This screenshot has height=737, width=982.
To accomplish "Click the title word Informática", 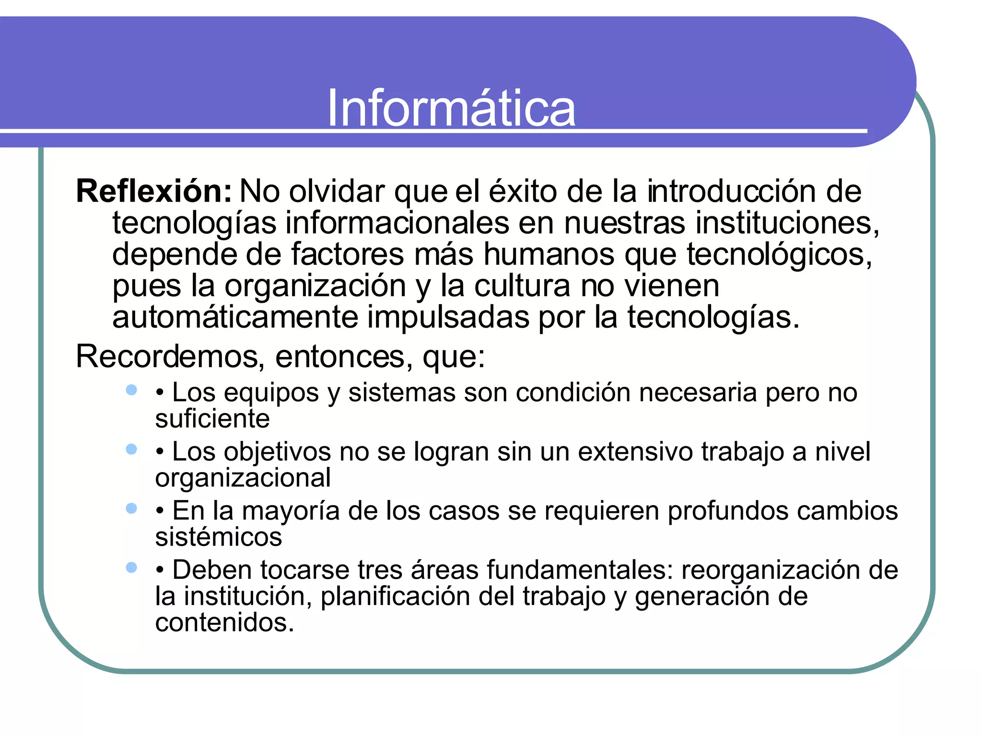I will (451, 108).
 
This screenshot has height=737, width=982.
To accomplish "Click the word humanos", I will (549, 254).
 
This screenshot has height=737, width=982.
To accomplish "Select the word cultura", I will (522, 286).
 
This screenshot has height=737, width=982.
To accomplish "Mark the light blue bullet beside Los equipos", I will (131, 390).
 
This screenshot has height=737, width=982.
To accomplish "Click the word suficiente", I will (212, 419).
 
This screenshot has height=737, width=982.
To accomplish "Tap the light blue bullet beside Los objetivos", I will (131, 449).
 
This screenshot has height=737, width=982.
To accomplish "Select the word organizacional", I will (243, 478).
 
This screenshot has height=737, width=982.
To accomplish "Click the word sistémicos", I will (219, 537).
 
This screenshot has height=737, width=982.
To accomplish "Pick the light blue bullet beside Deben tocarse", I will (131, 568).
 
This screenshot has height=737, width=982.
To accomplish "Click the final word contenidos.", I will (224, 623).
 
